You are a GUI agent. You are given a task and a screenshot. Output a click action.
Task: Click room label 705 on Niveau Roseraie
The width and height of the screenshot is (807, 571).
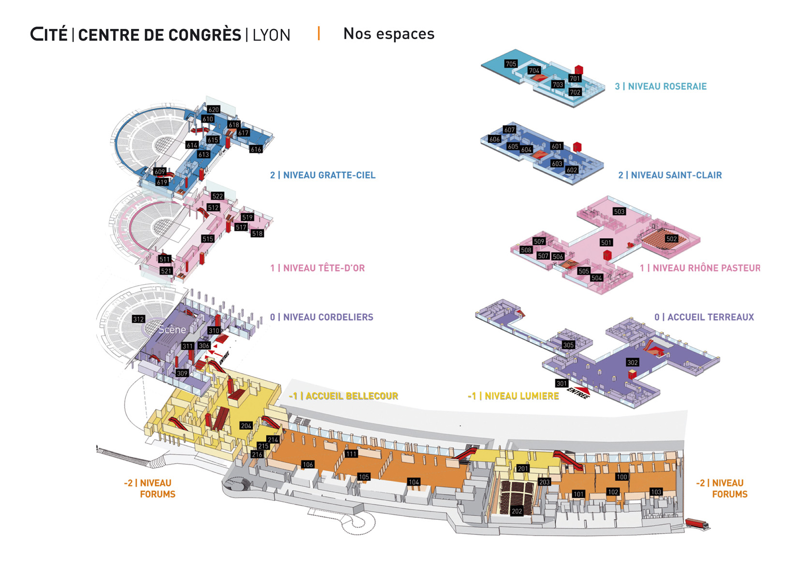511,64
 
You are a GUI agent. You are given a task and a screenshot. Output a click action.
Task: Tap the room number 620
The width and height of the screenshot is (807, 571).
214,109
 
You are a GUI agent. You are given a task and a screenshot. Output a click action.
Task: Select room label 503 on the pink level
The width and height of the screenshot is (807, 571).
619,211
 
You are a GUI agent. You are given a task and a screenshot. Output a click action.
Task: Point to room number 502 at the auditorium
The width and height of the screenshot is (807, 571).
671,239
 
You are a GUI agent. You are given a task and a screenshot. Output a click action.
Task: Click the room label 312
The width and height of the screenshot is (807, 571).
138,319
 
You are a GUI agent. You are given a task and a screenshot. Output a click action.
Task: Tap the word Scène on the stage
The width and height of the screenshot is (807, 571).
172,330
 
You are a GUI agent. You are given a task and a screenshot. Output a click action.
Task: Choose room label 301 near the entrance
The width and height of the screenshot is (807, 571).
561,383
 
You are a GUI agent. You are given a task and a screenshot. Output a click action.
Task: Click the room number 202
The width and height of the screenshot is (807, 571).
517,511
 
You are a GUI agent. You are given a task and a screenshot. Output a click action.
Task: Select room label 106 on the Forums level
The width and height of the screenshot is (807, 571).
308,465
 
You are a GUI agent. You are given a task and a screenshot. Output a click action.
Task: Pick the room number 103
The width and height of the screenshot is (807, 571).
656,492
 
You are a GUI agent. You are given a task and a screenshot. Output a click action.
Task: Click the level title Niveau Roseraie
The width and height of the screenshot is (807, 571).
661,87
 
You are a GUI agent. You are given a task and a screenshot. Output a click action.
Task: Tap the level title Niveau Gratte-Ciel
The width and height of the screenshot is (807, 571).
322,175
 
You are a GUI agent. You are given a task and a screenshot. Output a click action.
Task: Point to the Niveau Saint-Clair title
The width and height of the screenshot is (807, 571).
670,175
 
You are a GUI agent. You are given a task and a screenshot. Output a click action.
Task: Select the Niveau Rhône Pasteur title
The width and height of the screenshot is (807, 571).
700,268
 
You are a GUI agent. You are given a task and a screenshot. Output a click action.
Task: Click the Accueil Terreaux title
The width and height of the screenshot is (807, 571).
704,317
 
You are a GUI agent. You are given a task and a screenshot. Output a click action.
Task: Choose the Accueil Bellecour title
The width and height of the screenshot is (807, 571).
344,396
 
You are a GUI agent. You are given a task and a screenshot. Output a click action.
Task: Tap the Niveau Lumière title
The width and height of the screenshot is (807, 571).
513,396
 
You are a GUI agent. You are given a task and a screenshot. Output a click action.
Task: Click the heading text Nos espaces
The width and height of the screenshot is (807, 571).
389,34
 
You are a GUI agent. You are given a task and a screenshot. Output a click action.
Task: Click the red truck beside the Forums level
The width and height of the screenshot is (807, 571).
697,524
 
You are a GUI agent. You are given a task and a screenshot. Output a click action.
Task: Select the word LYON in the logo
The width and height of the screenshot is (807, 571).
271,35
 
